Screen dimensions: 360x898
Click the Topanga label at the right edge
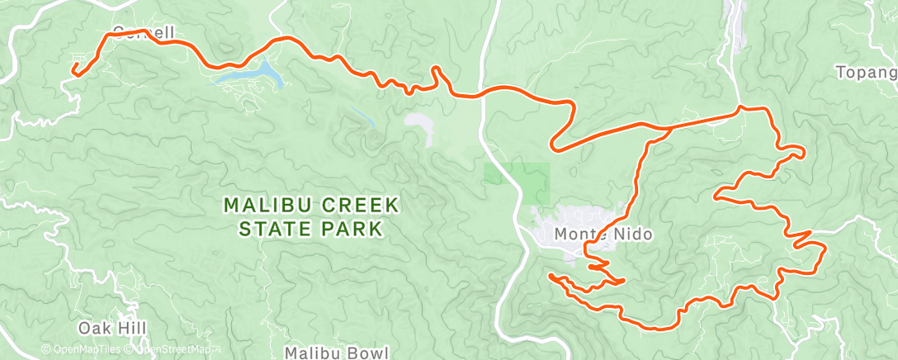pyautogui.click(x=867, y=73)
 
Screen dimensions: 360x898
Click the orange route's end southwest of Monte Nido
pyautogui.click(x=550, y=275)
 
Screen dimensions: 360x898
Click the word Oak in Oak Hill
pyautogui.click(x=92, y=329)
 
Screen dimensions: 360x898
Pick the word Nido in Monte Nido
pyautogui.click(x=634, y=234)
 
